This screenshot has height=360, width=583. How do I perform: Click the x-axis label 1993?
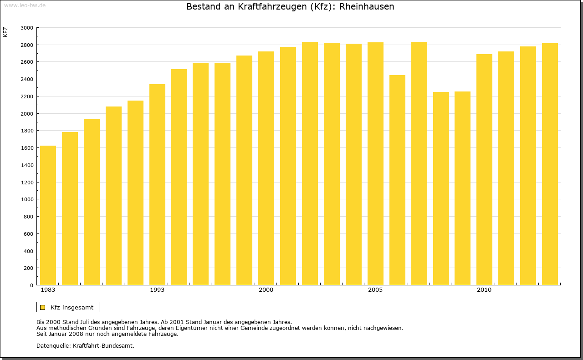[x=157, y=290]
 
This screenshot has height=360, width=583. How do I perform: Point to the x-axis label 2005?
[x=375, y=290]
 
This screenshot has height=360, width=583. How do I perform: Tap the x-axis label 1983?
[x=48, y=290]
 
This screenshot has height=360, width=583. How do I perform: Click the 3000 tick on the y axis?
[x=27, y=28]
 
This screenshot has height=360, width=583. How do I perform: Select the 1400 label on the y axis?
[x=27, y=165]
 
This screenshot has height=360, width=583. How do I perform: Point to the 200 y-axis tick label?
[x=28, y=268]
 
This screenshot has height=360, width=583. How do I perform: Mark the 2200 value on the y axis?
[x=27, y=96]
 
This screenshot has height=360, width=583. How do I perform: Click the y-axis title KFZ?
[x=5, y=32]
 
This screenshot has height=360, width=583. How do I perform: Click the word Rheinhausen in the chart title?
[x=367, y=7]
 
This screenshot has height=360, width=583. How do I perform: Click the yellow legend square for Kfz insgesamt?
[x=42, y=307]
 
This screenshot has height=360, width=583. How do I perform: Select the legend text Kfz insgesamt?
[x=72, y=307]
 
